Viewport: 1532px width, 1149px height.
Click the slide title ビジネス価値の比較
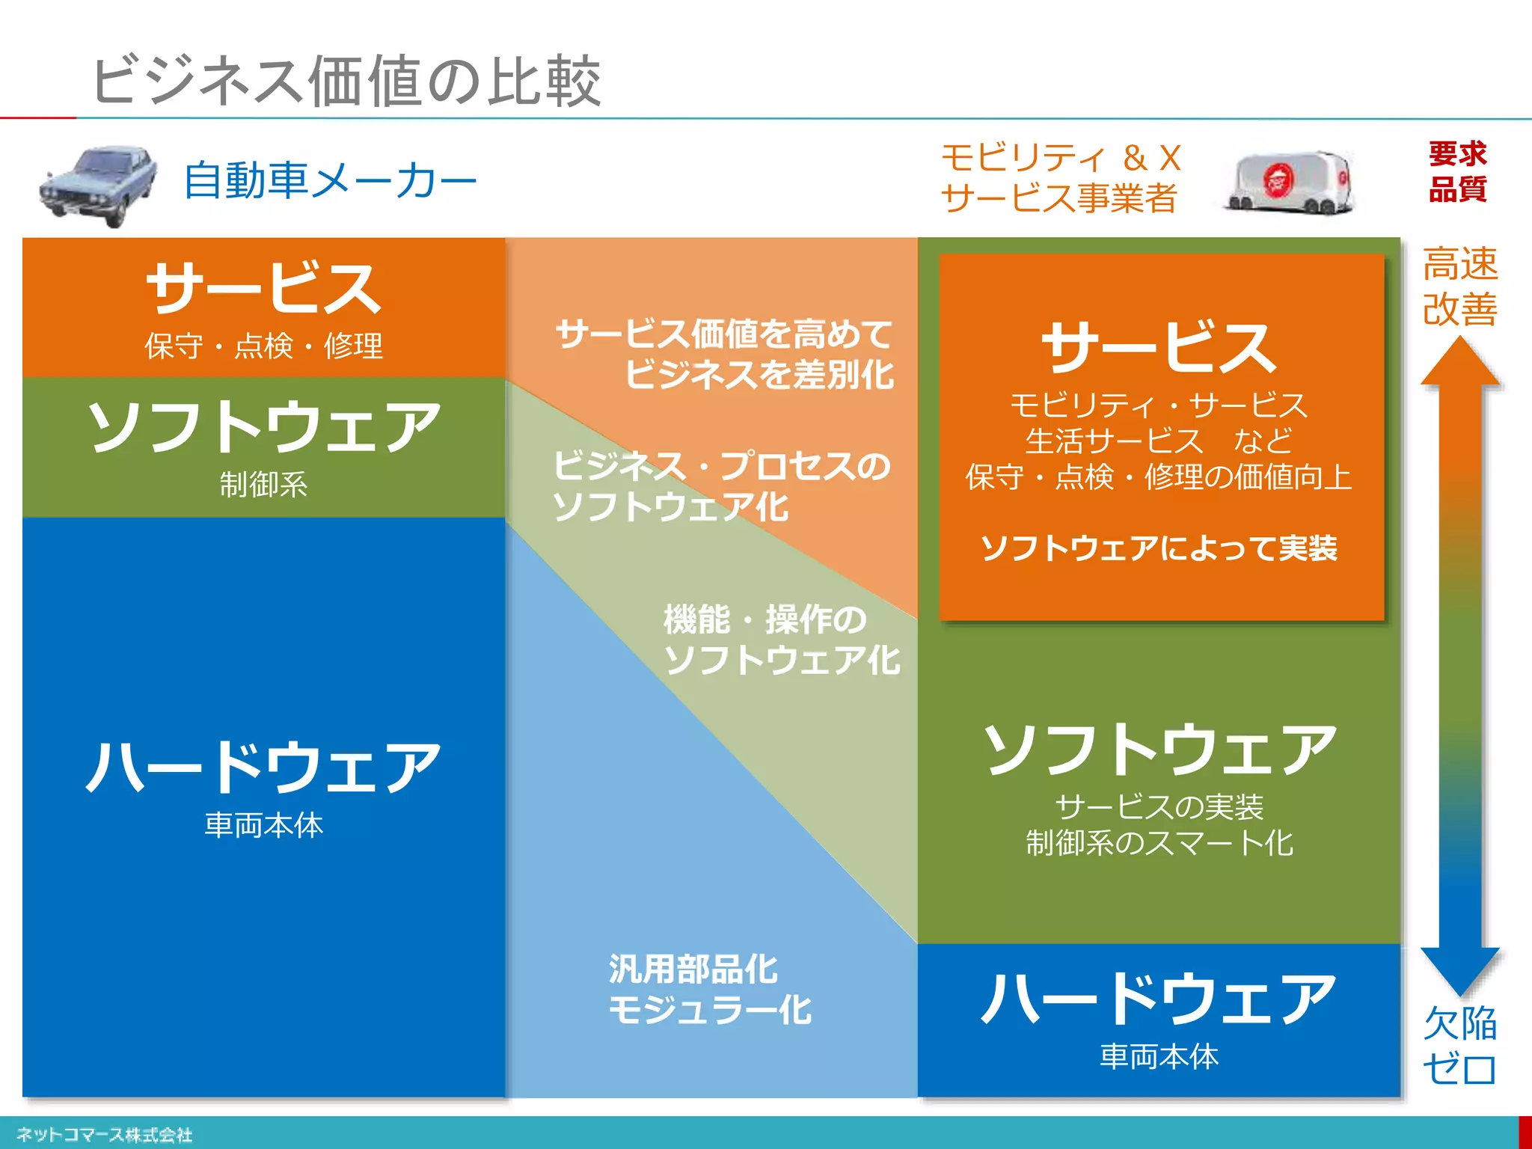pos(346,81)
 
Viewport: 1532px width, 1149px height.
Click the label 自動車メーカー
pos(330,181)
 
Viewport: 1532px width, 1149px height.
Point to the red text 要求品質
pos(1457,172)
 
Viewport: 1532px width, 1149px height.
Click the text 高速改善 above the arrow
pos(1459,287)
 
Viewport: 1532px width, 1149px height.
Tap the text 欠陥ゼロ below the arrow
pos(1459,1046)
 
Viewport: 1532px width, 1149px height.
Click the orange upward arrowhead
pos(1460,362)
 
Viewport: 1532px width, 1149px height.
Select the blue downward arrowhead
pos(1460,969)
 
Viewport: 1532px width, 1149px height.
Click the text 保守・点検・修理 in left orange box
pos(263,346)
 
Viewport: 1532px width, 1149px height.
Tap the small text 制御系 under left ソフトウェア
pos(263,484)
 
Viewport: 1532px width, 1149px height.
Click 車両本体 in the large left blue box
pos(263,825)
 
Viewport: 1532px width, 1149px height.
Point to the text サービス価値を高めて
pos(724,334)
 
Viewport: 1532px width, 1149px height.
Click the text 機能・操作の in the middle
pos(765,619)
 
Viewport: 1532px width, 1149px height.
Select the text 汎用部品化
pos(693,969)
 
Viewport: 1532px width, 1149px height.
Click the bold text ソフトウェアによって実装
pos(1159,548)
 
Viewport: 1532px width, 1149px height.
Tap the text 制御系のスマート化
pos(1159,843)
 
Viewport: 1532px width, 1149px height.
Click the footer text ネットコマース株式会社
pos(104,1135)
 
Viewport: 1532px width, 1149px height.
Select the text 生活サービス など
pos(1159,441)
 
